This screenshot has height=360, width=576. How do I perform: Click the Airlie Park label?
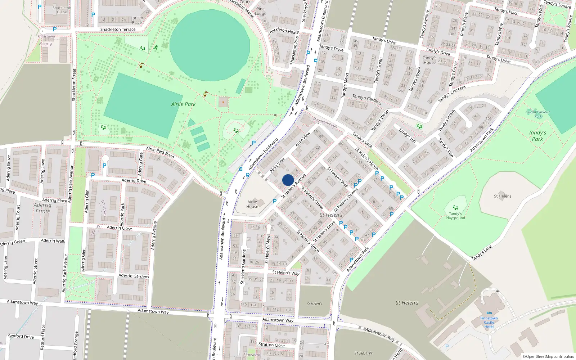(183, 104)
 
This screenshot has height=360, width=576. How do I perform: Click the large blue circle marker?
(288, 180)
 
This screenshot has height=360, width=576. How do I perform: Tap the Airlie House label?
(252, 204)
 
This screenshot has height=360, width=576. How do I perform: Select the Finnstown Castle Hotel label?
(489, 322)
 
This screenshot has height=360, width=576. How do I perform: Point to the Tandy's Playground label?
(455, 216)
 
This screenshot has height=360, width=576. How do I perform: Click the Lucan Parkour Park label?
(538, 114)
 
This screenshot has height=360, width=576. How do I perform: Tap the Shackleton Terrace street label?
(118, 30)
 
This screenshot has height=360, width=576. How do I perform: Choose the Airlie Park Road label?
(160, 153)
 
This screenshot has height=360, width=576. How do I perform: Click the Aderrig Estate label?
(42, 208)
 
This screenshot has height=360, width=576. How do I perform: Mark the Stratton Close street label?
(271, 345)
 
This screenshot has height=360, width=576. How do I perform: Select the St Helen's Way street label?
(286, 273)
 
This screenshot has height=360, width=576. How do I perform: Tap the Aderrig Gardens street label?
(134, 276)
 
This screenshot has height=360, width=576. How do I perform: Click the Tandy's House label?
(429, 60)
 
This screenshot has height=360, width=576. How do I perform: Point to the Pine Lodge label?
(261, 11)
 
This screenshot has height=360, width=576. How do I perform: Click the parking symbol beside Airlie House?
(275, 201)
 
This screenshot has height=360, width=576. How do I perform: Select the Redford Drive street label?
(21, 337)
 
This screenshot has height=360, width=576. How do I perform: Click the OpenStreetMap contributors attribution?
(548, 356)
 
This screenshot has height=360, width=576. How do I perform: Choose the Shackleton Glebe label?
(62, 10)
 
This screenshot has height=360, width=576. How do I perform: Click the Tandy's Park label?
(537, 136)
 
